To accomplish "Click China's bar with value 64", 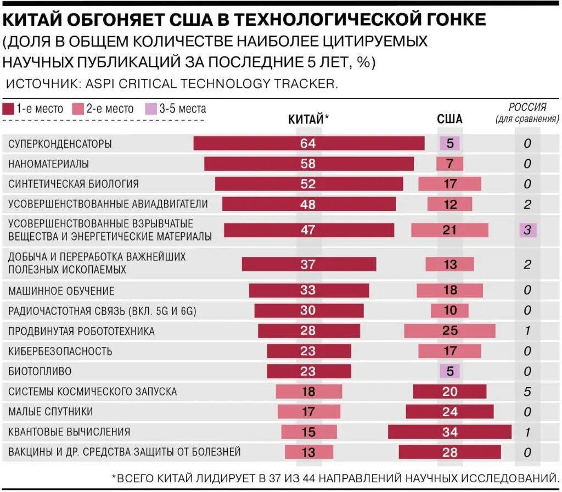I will click(308, 143).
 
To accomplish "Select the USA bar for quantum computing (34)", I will click(449, 432).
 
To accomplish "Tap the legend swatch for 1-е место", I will click(8, 109).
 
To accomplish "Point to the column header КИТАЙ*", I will click(308, 119).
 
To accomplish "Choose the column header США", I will click(449, 119).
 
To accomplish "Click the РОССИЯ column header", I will click(527, 107).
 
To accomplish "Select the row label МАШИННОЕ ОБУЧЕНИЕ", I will click(61, 290).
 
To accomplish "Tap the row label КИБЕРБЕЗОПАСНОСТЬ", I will click(60, 351).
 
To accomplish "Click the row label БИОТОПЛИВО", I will click(40, 371).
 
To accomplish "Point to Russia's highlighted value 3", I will click(527, 230).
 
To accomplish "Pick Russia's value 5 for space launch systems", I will click(527, 392).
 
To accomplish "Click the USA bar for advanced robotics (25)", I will click(449, 331).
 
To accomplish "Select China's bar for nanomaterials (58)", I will click(308, 164).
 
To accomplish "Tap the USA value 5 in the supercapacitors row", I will click(449, 144).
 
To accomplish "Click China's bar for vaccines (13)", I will click(308, 452).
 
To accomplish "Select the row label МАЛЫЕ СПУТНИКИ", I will click(50, 412).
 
